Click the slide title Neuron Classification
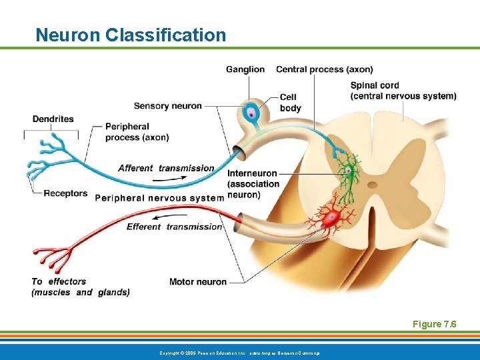(131, 35)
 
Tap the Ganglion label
(245, 69)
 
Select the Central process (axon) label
(325, 69)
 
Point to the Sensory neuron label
(167, 105)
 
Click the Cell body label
(290, 103)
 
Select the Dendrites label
(53, 119)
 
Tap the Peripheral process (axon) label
(137, 131)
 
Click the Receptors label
(65, 193)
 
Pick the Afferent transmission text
(166, 168)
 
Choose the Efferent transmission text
(174, 227)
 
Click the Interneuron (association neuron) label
(253, 184)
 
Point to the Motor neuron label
(197, 282)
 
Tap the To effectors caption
(80, 287)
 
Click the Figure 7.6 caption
(434, 324)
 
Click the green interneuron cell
(347, 171)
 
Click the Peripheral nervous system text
(159, 197)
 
